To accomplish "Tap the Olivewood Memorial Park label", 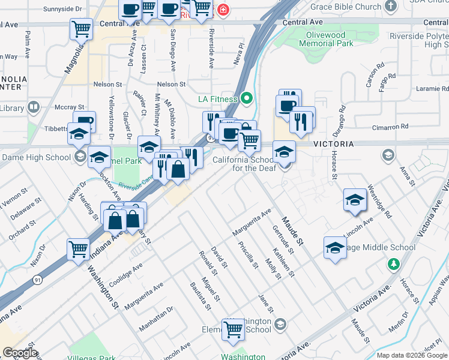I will pos(327,40).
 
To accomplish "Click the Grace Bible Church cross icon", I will pos(391,7).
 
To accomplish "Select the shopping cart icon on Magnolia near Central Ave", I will pos(81,28).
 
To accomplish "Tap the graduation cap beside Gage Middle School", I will pos(335,247).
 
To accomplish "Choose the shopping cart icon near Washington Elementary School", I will pos(233,328).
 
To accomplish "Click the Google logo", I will pos(20,353).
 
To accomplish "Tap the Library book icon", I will pos(34,108).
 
